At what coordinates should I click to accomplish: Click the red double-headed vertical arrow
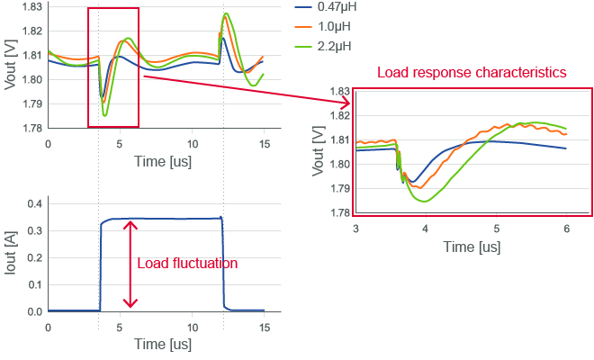tap(131, 264)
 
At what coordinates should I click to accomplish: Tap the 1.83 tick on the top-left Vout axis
tap(31, 7)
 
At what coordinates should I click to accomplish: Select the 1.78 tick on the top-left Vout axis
tap(31, 128)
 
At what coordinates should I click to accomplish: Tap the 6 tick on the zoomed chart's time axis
tap(566, 229)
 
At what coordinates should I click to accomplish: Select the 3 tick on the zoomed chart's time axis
tap(355, 229)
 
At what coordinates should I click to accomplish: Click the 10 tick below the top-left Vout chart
tap(193, 142)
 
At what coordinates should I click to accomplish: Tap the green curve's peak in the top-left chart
tap(226, 13)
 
